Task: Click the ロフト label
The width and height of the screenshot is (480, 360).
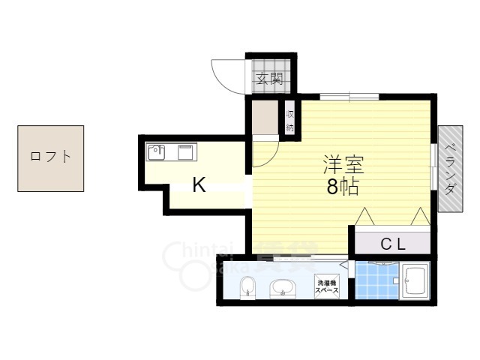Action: [x=51, y=157]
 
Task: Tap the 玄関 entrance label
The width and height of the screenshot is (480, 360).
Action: [x=269, y=77]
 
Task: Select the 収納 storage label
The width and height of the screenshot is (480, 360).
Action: [x=289, y=120]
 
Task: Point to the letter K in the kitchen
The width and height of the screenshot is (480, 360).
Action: [x=199, y=184]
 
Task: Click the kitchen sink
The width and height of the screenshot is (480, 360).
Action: [x=156, y=151]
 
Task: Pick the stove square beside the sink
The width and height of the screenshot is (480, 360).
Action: [x=185, y=152]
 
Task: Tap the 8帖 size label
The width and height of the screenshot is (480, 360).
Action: [x=341, y=188]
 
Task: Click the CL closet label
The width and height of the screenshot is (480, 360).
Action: [x=391, y=243]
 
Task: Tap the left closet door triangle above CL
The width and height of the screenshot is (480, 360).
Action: [x=365, y=217]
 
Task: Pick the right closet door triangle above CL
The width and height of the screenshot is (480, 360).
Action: [x=419, y=217]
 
